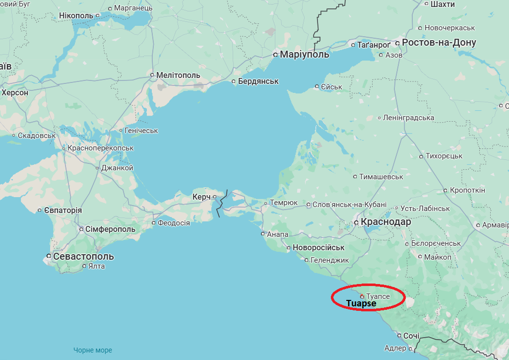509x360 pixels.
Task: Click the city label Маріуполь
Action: click(304, 55)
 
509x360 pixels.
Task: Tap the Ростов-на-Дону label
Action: click(439, 43)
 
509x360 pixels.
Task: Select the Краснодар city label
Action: click(386, 222)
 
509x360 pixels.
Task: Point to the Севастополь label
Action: click(83, 256)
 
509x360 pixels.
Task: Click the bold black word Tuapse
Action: click(361, 303)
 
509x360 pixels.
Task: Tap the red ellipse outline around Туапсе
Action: click(332, 297)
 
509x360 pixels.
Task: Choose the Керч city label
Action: click(201, 197)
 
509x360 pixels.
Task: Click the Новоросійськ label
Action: click(318, 247)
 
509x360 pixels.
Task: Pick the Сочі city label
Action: click(411, 336)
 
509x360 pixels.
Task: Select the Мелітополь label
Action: click(178, 75)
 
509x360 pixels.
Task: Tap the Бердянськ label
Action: click(258, 81)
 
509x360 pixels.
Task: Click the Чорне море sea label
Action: click(93, 350)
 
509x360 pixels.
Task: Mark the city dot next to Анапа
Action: click(263, 233)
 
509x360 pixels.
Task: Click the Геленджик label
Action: click(330, 260)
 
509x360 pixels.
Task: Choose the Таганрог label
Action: click(374, 45)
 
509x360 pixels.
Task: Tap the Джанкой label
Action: click(117, 168)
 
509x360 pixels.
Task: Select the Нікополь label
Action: click(76, 16)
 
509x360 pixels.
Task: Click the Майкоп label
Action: click(438, 257)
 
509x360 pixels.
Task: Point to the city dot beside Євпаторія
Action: click(40, 211)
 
